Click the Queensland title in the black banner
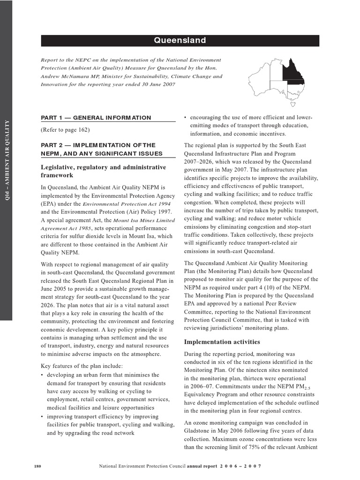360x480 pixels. (180, 40)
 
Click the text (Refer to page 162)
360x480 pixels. (65, 129)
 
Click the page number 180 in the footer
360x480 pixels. (38, 466)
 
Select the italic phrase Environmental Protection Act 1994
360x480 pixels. (127, 204)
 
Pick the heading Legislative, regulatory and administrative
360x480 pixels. (103, 167)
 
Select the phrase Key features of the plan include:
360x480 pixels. (82, 366)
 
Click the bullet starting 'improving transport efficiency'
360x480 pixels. (105, 416)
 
